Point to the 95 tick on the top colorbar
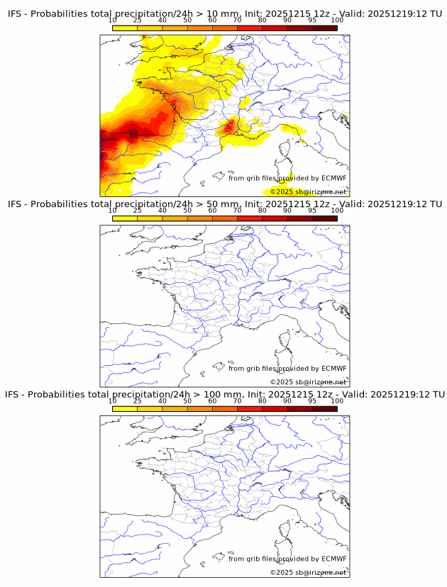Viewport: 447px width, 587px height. (312, 20)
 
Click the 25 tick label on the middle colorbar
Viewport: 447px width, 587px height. (138, 210)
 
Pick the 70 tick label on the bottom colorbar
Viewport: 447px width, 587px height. (238, 400)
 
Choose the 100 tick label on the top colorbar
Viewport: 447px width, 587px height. (337, 20)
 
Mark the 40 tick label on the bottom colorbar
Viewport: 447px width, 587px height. (162, 400)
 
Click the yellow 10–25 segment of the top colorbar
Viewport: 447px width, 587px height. (125, 28)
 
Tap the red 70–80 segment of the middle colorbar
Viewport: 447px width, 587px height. (250, 218)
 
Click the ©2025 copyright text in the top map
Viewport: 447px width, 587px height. (309, 191)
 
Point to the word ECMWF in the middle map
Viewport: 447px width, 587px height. (333, 368)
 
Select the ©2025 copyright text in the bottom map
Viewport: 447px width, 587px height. (309, 571)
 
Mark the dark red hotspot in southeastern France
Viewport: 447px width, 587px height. (228, 128)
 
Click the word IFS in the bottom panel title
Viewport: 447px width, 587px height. (14, 394)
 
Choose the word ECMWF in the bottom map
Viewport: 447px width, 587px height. (333, 558)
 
